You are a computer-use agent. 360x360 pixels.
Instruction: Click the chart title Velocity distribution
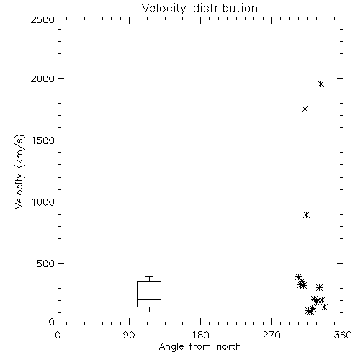(x=199, y=9)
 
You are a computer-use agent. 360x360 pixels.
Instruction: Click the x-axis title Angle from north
(x=199, y=347)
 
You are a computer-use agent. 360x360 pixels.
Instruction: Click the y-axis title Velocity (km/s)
(x=19, y=171)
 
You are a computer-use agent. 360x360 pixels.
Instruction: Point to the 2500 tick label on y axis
(x=42, y=19)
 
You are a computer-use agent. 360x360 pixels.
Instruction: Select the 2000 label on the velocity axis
(x=42, y=78)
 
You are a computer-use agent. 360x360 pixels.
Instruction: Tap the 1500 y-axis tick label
(x=43, y=140)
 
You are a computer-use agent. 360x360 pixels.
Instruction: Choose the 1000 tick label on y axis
(x=43, y=202)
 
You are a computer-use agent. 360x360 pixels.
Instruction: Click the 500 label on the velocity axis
(x=46, y=264)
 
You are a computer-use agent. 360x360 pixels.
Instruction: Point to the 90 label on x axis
(x=129, y=335)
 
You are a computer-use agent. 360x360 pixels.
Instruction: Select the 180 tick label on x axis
(x=200, y=335)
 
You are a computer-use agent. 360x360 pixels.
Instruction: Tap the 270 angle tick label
(x=271, y=335)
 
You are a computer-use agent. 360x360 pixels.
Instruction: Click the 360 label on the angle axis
(x=343, y=335)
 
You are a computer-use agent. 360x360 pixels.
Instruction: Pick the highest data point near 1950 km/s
(x=320, y=84)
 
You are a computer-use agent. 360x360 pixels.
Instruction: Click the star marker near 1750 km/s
(x=305, y=109)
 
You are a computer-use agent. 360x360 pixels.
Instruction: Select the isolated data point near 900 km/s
(x=306, y=215)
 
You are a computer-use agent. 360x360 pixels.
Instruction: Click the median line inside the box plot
(x=149, y=299)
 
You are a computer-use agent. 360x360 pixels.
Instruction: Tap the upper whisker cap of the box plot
(x=149, y=277)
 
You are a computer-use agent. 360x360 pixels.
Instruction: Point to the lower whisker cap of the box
(x=149, y=312)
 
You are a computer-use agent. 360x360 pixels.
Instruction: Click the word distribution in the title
(x=225, y=9)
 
